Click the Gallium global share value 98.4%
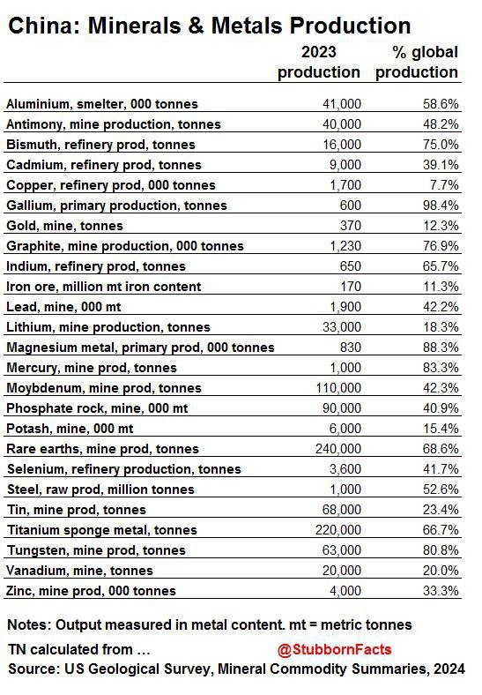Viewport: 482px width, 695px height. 441,206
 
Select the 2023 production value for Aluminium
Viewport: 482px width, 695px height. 342,104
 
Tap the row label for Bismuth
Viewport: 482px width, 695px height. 100,145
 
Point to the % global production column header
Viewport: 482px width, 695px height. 417,62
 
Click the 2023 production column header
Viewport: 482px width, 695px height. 318,62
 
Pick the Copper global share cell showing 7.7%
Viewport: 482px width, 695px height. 444,185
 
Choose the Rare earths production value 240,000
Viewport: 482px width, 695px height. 338,449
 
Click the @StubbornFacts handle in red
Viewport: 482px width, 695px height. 335,649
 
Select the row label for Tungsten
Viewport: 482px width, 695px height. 96,550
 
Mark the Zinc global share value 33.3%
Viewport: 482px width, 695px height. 441,590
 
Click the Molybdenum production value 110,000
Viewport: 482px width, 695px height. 338,388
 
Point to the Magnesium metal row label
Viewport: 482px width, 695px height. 140,347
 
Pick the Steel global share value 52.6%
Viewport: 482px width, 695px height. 441,489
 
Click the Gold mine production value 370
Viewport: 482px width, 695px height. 351,226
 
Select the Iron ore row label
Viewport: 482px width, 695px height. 104,287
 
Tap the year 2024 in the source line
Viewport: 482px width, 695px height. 449,669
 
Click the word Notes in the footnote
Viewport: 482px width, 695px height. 29,624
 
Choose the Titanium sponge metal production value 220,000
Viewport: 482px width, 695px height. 338,530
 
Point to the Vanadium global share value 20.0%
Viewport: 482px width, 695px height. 441,570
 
